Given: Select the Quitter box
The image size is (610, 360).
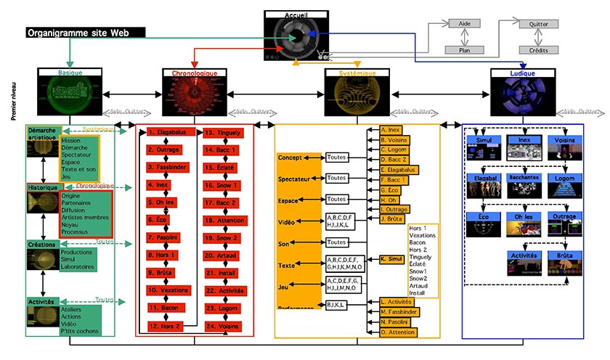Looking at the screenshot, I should pyautogui.click(x=537, y=24).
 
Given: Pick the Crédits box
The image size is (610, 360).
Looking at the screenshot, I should pyautogui.click(x=537, y=50).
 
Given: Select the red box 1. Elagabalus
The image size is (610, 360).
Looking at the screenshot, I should pyautogui.click(x=168, y=133).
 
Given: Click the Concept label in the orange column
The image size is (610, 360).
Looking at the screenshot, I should pyautogui.click(x=290, y=157).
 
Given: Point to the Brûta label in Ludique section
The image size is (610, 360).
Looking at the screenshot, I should pyautogui.click(x=568, y=256).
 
